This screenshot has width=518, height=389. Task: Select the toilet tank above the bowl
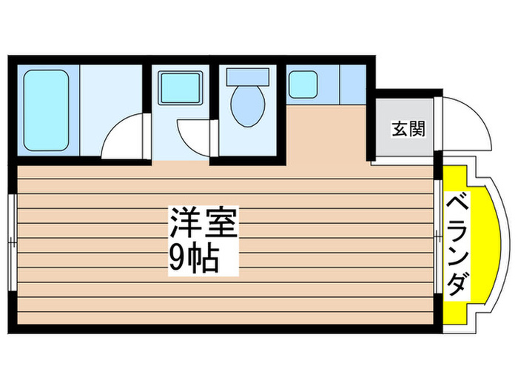click(x=248, y=75)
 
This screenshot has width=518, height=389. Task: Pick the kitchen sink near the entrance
click(x=303, y=84)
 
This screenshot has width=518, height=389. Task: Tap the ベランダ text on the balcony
click(x=460, y=242)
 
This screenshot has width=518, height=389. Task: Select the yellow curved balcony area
click(x=474, y=245)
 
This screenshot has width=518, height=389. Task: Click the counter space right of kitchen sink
click(x=352, y=84)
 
